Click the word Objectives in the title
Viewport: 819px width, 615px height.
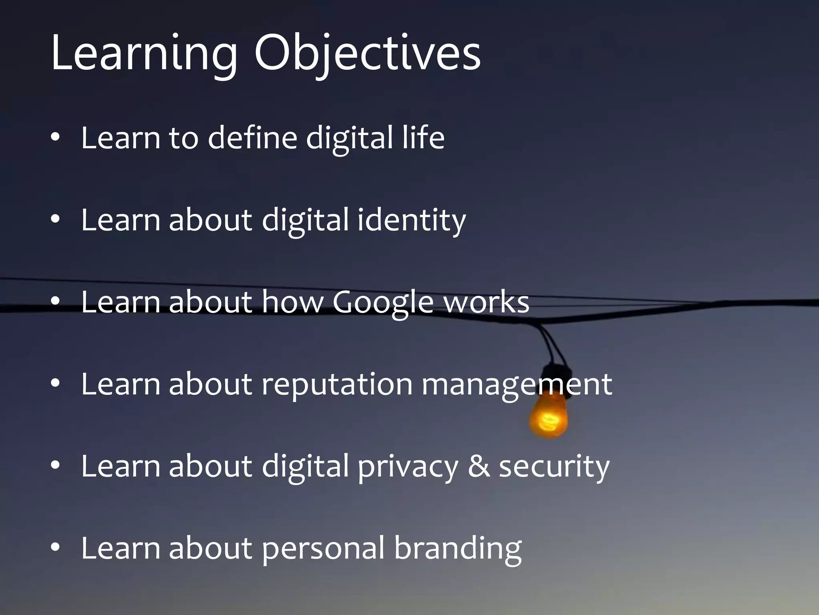pos(367,54)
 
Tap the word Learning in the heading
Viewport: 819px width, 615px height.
pos(144,54)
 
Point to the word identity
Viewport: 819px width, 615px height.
pos(411,220)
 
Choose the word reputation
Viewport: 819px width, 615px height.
pos(337,385)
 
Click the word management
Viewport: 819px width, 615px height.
pos(517,385)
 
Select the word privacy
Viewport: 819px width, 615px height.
pos(408,467)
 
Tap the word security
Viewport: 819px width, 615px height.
pos(554,467)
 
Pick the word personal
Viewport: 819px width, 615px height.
pos(323,549)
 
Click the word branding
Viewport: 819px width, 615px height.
pos(457,549)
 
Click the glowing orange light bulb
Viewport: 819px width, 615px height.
pos(549,418)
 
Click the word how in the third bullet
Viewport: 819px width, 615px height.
pos(292,302)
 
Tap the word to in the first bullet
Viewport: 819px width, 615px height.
pos(184,138)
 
